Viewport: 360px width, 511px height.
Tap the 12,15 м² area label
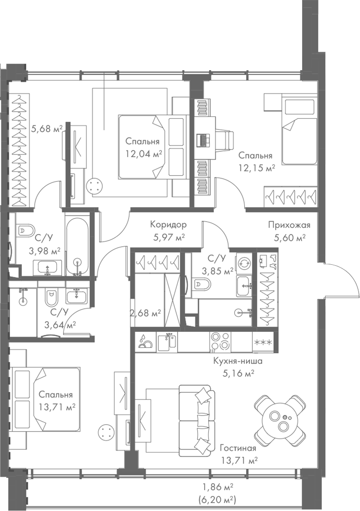[257, 168]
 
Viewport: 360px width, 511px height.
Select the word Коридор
[168, 225]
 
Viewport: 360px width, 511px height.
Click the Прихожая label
[289, 225]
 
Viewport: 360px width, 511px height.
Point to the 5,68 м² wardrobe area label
[46, 129]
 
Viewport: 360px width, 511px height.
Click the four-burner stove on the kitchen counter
[220, 341]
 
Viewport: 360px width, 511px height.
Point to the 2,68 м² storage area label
[145, 314]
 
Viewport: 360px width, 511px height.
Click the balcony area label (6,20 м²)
[217, 500]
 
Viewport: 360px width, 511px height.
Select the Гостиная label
[238, 449]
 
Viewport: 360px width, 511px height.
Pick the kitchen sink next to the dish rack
[168, 341]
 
